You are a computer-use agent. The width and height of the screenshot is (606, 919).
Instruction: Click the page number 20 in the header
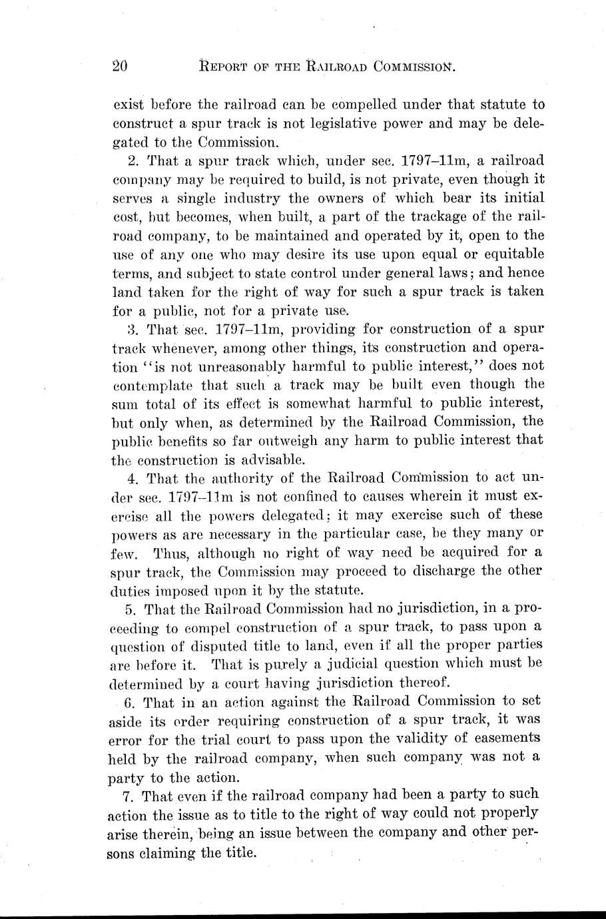pos(121,65)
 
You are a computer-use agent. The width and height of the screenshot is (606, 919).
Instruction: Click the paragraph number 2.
pos(131,160)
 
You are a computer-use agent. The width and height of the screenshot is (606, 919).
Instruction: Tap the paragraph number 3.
pos(131,329)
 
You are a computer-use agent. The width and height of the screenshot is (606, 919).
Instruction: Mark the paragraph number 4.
pos(131,478)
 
